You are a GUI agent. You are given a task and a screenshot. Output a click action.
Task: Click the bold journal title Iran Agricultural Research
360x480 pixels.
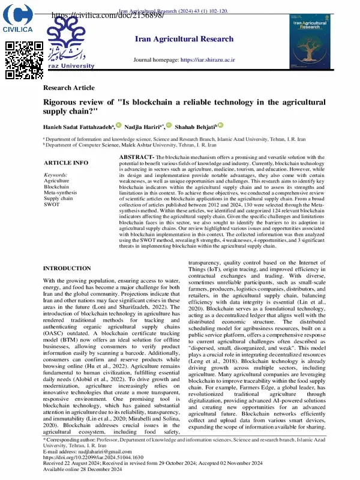tap(184, 39)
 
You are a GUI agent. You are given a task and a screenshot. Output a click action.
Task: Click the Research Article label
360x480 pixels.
tap(69, 88)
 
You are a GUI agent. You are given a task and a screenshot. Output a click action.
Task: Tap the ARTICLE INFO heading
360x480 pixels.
tap(66, 163)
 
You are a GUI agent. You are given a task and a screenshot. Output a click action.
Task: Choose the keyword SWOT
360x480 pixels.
tap(52, 204)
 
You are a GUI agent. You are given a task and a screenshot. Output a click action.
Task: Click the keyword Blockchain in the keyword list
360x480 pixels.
tap(57, 186)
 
